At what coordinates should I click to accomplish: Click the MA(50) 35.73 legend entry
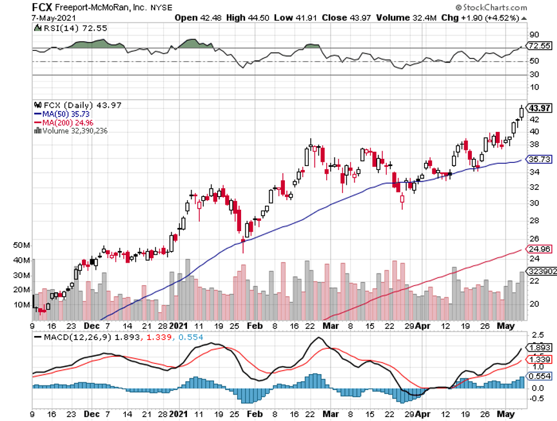tap(64, 114)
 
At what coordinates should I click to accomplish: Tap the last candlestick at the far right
tap(522, 111)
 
